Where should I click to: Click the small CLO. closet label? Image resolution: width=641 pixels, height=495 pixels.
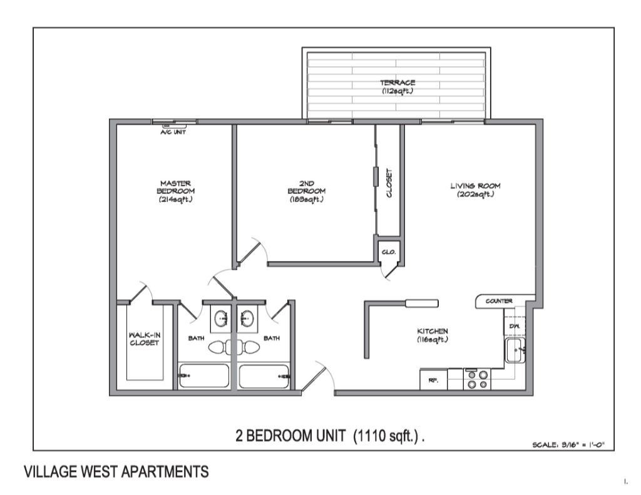click(x=387, y=252)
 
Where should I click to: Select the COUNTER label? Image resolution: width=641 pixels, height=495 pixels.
click(x=500, y=301)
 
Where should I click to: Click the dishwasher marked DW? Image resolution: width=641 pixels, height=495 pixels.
click(x=513, y=325)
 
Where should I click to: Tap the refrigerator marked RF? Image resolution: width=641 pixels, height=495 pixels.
click(x=433, y=380)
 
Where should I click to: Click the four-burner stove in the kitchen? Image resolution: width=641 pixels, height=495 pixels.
click(x=476, y=379)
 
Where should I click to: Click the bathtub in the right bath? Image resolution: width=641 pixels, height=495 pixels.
click(x=264, y=377)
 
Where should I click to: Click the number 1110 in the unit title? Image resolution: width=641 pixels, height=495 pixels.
click(x=374, y=436)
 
